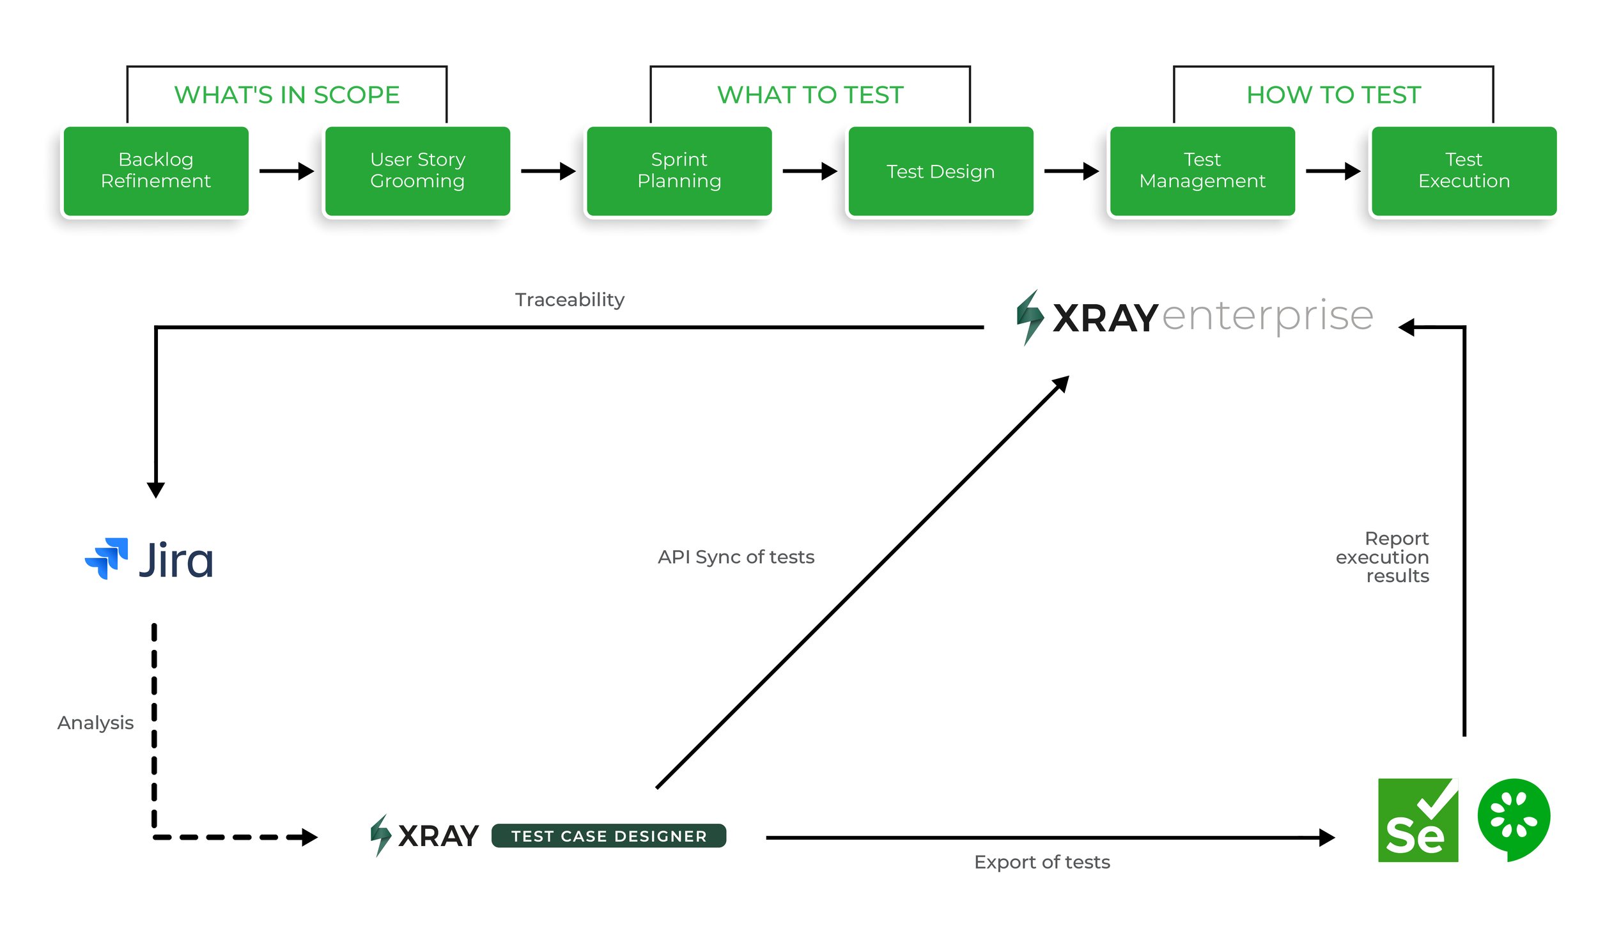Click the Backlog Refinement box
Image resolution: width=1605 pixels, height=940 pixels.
[156, 171]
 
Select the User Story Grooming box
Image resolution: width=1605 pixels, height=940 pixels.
[417, 171]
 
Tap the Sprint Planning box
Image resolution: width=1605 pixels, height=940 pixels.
[679, 171]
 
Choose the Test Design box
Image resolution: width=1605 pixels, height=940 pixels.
[940, 171]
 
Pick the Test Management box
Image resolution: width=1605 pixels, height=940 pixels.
[1202, 171]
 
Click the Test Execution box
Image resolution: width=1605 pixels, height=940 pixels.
[1464, 171]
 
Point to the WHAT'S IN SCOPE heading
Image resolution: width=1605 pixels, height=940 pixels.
[287, 95]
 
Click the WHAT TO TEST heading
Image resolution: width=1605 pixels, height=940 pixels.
[810, 95]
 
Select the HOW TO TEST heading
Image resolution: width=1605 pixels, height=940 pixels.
[1333, 95]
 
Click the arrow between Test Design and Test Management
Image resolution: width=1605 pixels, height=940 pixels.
[1071, 171]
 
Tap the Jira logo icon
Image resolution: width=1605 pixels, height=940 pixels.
[107, 559]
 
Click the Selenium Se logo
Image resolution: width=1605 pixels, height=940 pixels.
[1418, 820]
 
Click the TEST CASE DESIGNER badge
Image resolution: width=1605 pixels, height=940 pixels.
[609, 836]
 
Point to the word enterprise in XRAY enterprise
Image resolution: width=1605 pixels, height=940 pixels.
[1267, 316]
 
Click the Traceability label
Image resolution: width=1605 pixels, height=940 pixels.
[570, 300]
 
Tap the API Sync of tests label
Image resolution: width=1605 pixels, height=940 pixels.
[736, 557]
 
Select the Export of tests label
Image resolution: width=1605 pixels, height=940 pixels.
[1042, 862]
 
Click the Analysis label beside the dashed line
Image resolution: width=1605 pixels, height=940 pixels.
[95, 723]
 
